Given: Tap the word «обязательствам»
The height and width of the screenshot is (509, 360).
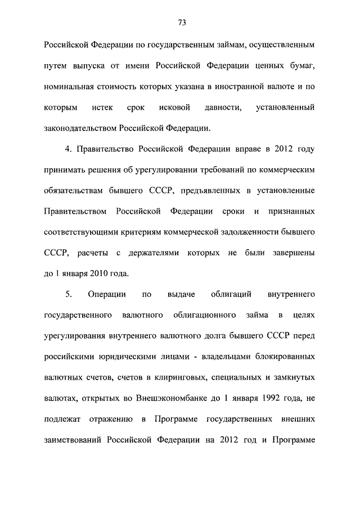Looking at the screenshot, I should (x=73, y=191).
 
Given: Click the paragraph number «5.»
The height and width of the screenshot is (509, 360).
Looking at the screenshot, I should (x=69, y=294).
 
